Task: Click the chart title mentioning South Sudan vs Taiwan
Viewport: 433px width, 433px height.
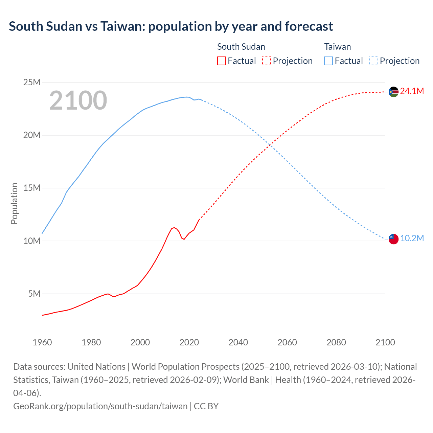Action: point(171,26)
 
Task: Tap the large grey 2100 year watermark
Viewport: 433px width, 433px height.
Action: point(78,100)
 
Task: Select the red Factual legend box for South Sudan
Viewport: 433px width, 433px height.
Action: point(221,61)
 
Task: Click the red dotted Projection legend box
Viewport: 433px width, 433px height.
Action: point(267,61)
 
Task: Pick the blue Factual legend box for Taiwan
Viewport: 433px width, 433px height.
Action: point(328,61)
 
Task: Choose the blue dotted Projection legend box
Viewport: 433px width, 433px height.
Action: point(373,61)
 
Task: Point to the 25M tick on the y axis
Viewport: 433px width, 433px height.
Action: point(32,83)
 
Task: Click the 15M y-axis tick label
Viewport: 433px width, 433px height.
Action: point(32,188)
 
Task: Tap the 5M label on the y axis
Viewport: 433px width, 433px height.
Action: point(34,294)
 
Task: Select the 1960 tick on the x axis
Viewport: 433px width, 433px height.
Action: point(42,342)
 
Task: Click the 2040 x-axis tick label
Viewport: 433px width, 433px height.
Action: point(238,342)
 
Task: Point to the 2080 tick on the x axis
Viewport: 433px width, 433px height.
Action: point(336,342)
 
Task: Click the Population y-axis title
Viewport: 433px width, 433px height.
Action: point(14,203)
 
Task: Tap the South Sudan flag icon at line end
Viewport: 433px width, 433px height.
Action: point(393,92)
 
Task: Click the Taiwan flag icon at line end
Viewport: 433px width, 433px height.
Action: point(393,239)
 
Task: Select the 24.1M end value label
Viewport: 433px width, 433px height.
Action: point(412,91)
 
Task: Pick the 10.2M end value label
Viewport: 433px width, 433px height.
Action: point(412,238)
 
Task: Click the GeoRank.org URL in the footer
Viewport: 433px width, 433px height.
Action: point(100,406)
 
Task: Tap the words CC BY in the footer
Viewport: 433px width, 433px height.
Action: point(206,406)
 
